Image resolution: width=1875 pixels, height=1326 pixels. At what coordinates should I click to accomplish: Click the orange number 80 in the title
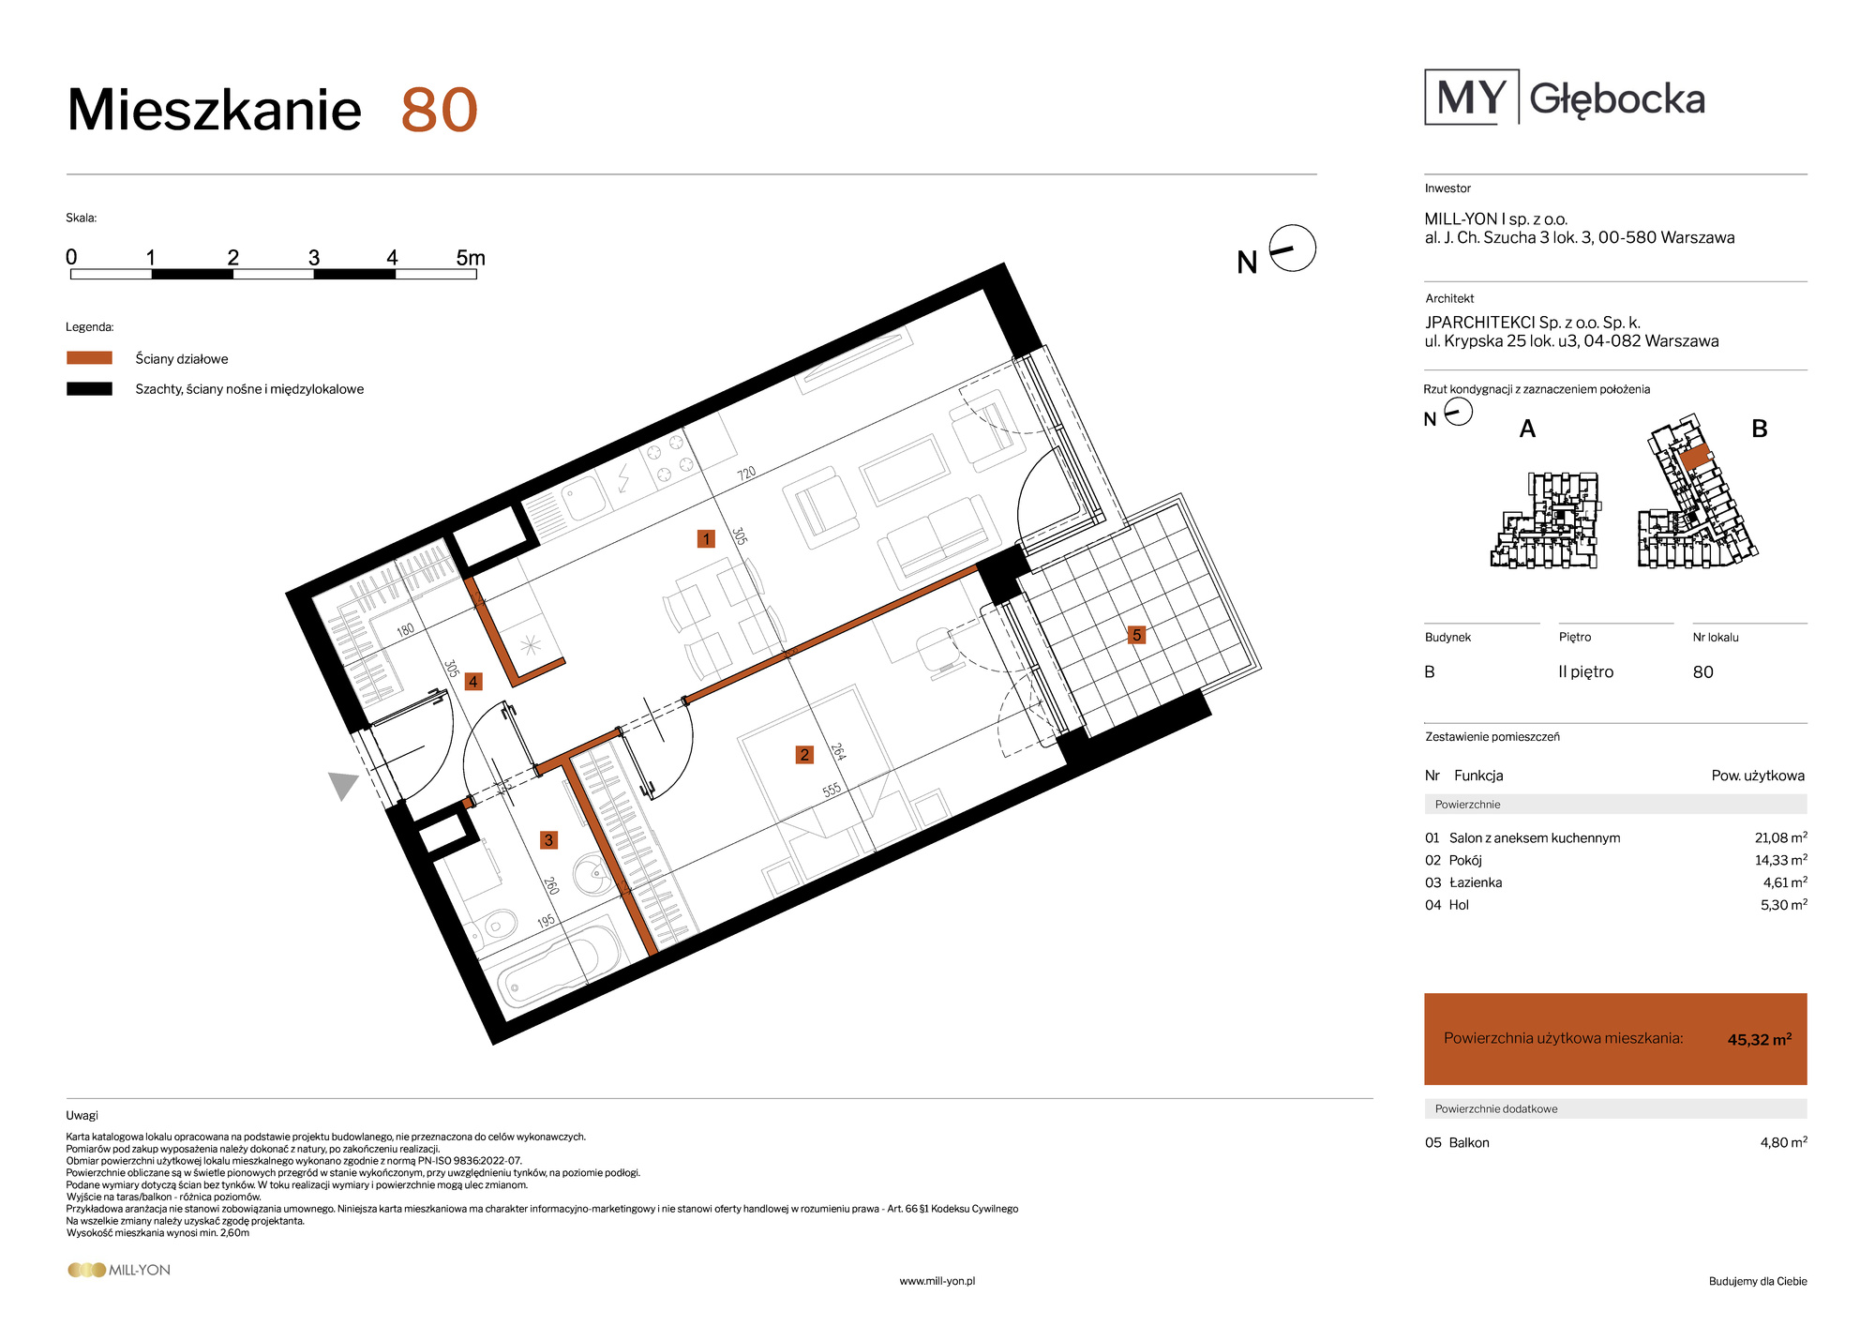point(440,111)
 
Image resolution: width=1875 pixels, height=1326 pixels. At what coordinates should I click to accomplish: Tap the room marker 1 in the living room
point(706,538)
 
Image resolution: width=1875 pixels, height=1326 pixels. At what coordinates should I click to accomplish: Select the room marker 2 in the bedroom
point(804,754)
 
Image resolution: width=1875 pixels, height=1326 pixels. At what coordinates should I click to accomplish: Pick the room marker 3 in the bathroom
point(548,839)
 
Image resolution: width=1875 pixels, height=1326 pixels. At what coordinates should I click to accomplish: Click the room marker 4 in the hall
point(473,682)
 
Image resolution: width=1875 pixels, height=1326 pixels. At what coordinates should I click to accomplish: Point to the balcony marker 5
point(1136,635)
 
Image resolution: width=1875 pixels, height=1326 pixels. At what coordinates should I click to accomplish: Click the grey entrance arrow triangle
point(343,785)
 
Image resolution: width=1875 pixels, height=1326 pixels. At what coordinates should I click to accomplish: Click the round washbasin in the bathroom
point(592,875)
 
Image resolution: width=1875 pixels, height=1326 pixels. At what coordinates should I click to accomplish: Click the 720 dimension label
point(746,474)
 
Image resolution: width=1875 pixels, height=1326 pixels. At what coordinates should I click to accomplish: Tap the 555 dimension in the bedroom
point(832,790)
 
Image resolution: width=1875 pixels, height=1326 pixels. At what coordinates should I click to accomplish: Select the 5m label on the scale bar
point(471,258)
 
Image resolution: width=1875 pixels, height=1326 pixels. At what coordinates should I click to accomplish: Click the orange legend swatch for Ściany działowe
point(89,357)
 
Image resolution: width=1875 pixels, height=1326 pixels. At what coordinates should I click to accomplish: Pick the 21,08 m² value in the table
point(1780,837)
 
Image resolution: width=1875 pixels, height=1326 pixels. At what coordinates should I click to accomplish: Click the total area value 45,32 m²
point(1760,1039)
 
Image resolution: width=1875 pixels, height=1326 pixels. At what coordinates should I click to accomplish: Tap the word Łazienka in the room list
point(1476,882)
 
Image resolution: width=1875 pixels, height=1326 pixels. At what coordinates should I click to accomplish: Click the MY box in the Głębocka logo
point(1471,97)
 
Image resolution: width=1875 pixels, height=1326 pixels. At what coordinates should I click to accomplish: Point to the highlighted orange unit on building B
point(1695,457)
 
